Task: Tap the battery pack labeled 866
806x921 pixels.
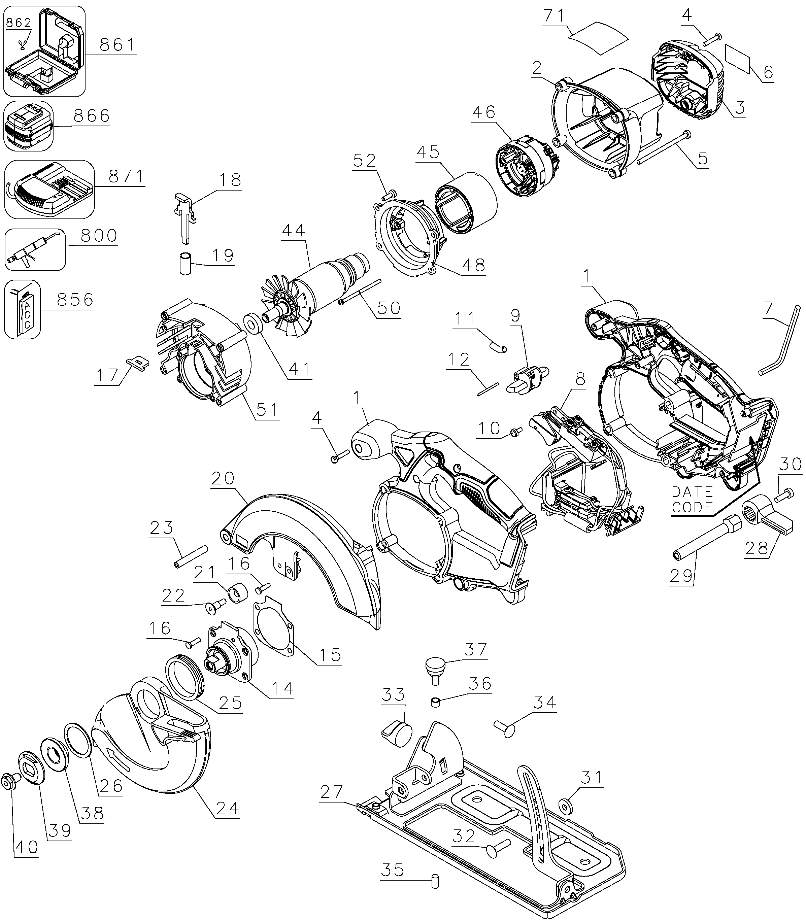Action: [x=28, y=126]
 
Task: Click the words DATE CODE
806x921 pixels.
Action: [x=693, y=499]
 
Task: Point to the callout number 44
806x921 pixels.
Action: [x=294, y=231]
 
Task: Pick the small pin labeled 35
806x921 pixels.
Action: [x=435, y=881]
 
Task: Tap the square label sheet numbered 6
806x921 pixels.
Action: [x=738, y=59]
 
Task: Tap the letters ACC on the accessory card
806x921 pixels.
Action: [x=27, y=314]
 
